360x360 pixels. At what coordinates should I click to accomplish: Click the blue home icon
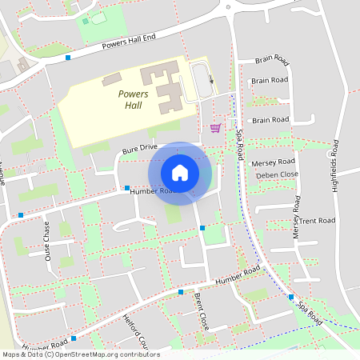pyautogui.click(x=180, y=172)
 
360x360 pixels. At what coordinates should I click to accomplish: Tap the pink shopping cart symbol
pyautogui.click(x=214, y=127)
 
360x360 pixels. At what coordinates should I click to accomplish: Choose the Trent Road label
pyautogui.click(x=316, y=220)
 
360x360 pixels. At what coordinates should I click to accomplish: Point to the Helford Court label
pyautogui.click(x=135, y=330)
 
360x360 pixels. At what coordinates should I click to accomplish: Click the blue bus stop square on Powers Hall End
pyautogui.click(x=68, y=58)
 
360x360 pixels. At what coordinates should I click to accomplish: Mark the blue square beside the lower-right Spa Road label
pyautogui.click(x=290, y=296)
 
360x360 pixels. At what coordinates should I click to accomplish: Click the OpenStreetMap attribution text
pyautogui.click(x=81, y=354)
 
